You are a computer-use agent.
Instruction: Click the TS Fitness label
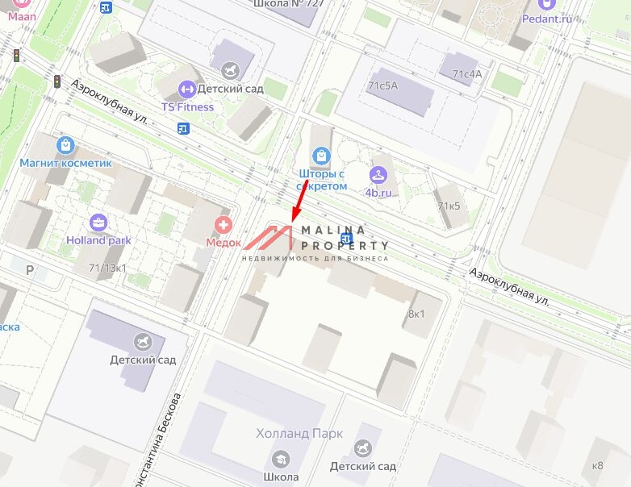tap(187, 106)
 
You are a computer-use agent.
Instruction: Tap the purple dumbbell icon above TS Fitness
tap(187, 89)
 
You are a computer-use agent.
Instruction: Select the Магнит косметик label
tap(66, 164)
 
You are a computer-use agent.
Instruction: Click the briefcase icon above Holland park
tap(98, 222)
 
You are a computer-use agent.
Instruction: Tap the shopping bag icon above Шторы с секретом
tap(322, 155)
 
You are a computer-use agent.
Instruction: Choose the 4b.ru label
tap(378, 193)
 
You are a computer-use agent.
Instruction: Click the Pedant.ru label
tap(546, 19)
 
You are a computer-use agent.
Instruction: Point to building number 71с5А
tap(382, 85)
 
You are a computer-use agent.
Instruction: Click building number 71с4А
tap(466, 74)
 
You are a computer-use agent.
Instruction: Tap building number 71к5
tap(449, 206)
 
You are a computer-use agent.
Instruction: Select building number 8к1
tap(417, 313)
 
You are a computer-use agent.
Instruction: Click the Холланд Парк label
tap(299, 434)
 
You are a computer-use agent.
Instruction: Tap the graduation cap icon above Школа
tap(280, 460)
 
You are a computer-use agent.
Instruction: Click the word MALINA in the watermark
tap(333, 230)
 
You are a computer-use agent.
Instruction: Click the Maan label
tap(23, 15)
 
